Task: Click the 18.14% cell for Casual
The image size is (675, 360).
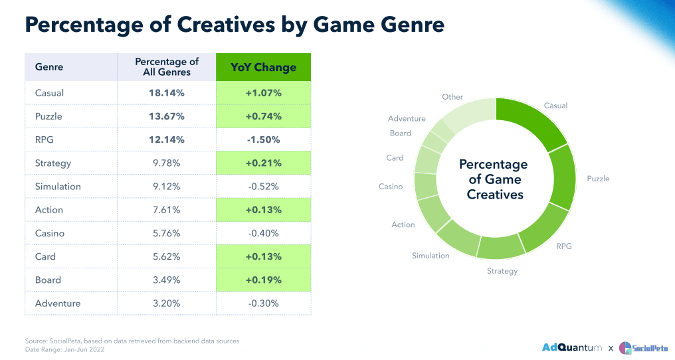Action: [167, 93]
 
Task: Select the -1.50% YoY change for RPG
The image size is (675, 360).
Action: [264, 139]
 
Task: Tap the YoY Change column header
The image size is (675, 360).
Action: [264, 67]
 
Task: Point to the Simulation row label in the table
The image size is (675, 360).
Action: [58, 187]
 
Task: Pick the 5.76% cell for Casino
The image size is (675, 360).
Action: [167, 233]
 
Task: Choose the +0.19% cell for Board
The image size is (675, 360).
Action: [264, 280]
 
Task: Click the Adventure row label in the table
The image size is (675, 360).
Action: [58, 304]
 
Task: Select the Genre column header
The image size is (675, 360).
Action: [49, 67]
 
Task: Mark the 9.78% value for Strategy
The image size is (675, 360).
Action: [167, 163]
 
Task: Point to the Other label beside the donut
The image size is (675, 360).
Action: [452, 97]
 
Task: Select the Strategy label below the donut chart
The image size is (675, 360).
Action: [502, 271]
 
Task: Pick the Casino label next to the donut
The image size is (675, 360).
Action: [391, 187]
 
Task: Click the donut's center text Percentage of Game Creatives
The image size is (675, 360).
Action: [494, 179]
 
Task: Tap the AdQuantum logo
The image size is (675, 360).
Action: [572, 347]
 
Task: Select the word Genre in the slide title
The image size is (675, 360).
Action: [405, 25]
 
